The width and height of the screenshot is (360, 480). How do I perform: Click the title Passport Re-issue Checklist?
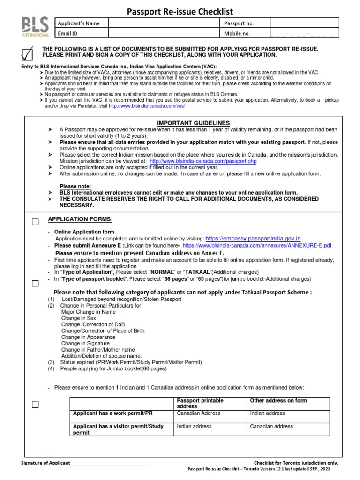[180, 12]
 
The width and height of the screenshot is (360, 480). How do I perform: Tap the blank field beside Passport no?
[304, 23]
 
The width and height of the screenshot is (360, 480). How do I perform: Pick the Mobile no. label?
[237, 33]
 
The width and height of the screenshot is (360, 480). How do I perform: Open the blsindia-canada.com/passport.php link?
[203, 161]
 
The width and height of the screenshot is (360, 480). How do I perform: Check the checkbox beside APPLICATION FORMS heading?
[35, 222]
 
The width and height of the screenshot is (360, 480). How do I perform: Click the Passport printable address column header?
[200, 404]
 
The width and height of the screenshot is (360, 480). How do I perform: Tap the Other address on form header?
[278, 401]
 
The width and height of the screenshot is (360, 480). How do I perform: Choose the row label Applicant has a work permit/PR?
[112, 413]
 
